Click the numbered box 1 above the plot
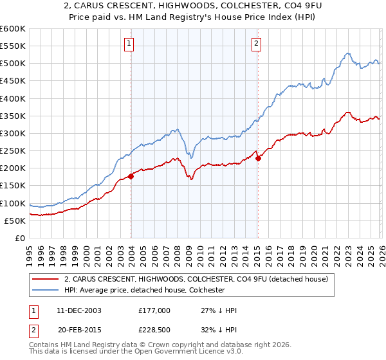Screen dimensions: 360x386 pyautogui.click(x=129, y=44)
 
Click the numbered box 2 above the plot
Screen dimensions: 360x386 pyautogui.click(x=256, y=44)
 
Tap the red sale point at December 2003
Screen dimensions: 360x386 pyautogui.click(x=131, y=175)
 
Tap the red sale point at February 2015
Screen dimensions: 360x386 pyautogui.click(x=258, y=158)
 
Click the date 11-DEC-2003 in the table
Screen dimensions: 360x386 pyautogui.click(x=79, y=310)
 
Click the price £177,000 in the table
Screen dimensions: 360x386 pyautogui.click(x=154, y=310)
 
